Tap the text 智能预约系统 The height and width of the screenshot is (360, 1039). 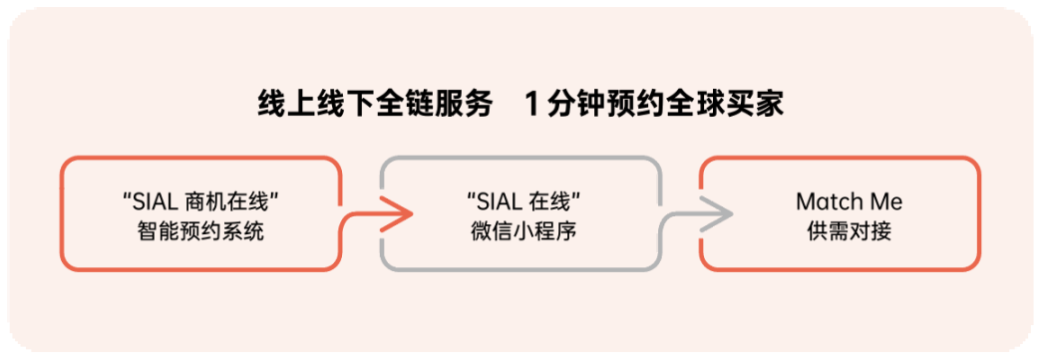tap(200, 232)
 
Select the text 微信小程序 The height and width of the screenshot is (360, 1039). tap(520, 232)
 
